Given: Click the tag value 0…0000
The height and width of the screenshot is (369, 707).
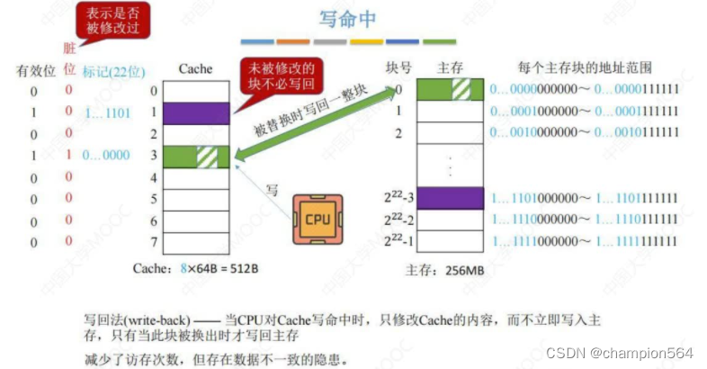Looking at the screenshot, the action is click(x=106, y=156).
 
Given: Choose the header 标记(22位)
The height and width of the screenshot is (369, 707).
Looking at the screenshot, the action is click(x=114, y=70).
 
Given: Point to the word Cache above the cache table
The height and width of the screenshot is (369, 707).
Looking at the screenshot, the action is click(x=195, y=69).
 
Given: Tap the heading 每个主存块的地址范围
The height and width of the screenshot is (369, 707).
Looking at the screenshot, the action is click(x=585, y=68).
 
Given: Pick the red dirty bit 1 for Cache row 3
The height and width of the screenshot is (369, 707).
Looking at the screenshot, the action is click(x=68, y=156).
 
